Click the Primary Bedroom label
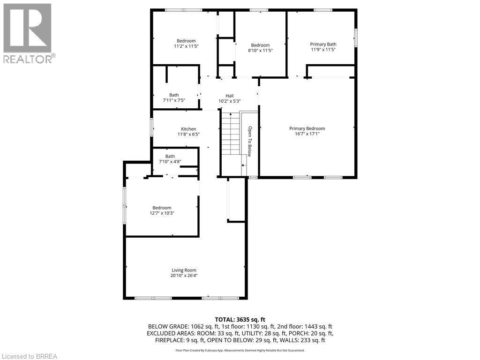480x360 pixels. pyautogui.click(x=307, y=128)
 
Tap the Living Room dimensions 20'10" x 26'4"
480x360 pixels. pyautogui.click(x=183, y=276)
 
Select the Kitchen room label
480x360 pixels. pyautogui.click(x=188, y=129)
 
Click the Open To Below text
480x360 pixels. pyautogui.click(x=250, y=141)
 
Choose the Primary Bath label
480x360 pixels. pyautogui.click(x=323, y=44)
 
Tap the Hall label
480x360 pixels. pyautogui.click(x=229, y=96)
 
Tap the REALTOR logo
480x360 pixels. pyautogui.click(x=28, y=33)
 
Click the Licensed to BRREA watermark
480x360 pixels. pyautogui.click(x=29, y=356)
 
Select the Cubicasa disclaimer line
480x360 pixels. pyautogui.click(x=240, y=350)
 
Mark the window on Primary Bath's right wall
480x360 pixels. pyautogui.click(x=355, y=37)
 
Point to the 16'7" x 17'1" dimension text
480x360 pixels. pyautogui.click(x=307, y=134)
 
